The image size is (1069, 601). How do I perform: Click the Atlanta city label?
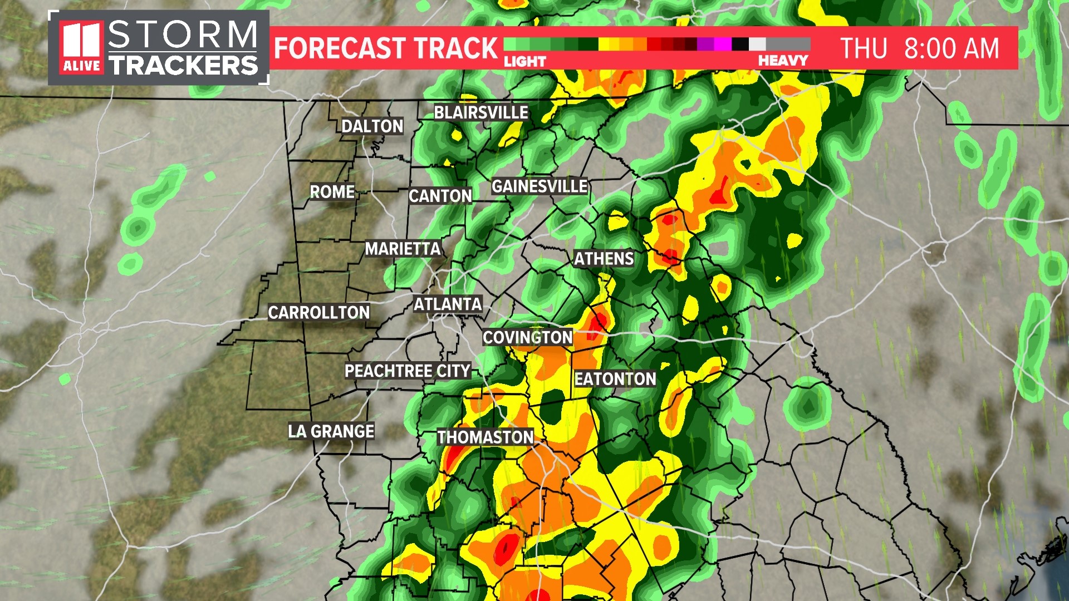[448, 304]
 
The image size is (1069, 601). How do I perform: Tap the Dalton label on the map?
[372, 126]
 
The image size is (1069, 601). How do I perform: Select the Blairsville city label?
[481, 112]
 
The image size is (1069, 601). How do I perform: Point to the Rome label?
[332, 192]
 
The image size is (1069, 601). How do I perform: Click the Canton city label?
[440, 196]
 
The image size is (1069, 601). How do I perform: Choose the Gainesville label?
[539, 186]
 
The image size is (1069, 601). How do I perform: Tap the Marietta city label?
[403, 249]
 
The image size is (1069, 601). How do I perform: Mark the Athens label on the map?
[604, 259]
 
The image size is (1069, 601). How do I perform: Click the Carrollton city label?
[318, 313]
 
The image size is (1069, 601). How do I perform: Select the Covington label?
[527, 337]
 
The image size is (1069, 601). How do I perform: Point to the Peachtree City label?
[408, 371]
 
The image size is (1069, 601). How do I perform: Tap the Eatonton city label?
[615, 379]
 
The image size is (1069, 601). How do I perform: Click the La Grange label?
[331, 431]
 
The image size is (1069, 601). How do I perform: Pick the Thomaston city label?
[485, 437]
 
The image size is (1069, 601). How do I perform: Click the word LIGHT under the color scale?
[524, 61]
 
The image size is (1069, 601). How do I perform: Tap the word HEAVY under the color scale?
[783, 61]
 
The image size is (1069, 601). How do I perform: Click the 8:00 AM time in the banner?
[952, 48]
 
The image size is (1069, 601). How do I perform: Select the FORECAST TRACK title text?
[385, 48]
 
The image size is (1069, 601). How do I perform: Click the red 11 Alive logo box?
[81, 48]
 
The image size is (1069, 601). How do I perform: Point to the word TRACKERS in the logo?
[183, 66]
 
